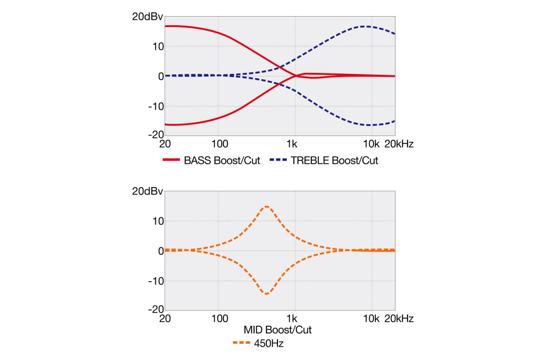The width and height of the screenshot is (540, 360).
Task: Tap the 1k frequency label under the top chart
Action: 292,144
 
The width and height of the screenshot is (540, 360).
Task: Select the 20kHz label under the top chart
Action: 399,144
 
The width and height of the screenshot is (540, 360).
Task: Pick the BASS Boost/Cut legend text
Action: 222,161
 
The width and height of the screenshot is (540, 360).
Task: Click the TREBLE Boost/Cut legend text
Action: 335,161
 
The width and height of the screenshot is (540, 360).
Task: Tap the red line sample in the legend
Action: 171,161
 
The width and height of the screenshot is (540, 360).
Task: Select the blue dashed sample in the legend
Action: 278,161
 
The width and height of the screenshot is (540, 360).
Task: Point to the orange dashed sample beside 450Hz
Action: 241,344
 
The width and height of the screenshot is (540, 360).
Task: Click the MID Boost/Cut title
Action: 278,330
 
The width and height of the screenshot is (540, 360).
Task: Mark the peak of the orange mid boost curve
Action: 267,207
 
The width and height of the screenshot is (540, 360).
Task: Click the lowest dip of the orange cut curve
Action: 267,294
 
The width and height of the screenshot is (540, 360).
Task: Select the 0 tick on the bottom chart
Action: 160,251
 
